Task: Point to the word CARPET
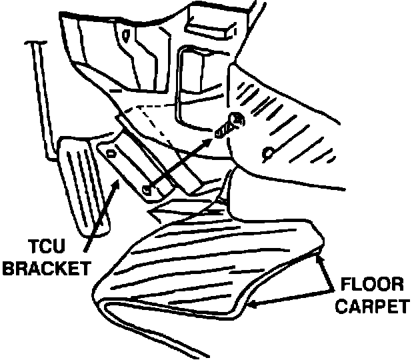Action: point(371,309)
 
